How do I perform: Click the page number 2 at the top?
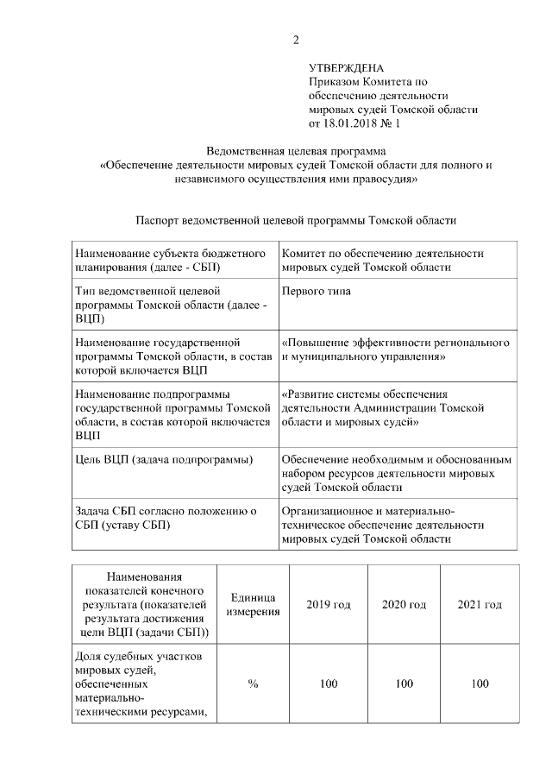[296, 40]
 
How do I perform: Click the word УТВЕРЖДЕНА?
[347, 68]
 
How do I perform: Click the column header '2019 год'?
[329, 605]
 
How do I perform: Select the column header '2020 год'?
[405, 605]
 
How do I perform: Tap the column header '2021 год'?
[480, 605]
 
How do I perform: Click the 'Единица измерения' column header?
[254, 605]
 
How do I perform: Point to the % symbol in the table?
[254, 683]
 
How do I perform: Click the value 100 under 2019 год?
[329, 683]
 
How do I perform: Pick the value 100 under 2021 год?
[480, 683]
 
